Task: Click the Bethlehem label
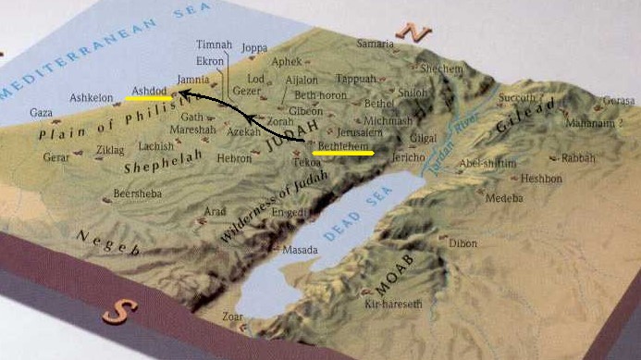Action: point(342,144)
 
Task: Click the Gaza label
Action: point(41,113)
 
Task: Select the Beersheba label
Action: point(136,193)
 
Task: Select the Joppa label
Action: point(253,47)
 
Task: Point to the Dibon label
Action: point(463,243)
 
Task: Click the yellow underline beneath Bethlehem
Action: point(343,153)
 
